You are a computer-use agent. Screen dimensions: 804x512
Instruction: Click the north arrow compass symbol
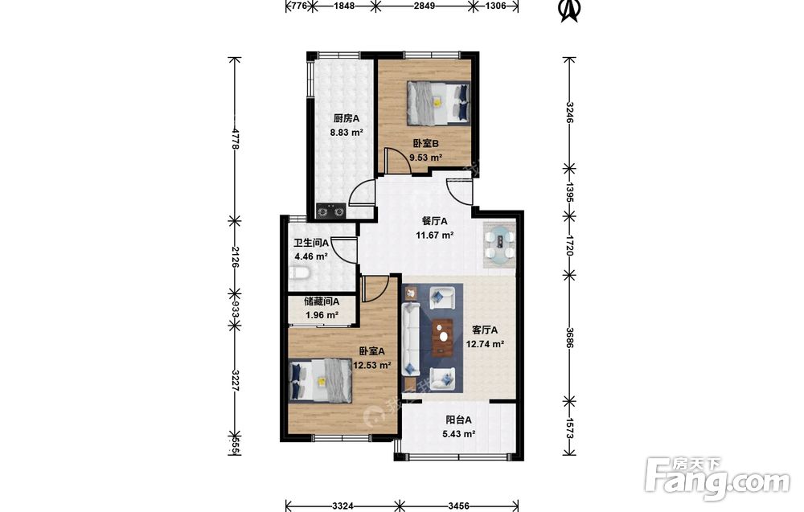[x=568, y=10]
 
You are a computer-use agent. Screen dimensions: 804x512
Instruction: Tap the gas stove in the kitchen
[x=330, y=211]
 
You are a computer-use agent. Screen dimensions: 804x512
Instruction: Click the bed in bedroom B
[x=439, y=103]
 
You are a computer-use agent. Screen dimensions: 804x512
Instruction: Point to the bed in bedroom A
[x=321, y=379]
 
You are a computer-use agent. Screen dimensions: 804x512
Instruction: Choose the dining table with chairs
[x=499, y=245]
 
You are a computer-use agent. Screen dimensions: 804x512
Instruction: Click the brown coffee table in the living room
[x=442, y=337]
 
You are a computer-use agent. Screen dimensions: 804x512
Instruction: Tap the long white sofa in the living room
[x=411, y=339]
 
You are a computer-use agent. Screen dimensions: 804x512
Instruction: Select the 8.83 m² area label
[x=347, y=133]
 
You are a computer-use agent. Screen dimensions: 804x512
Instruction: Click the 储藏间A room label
[x=322, y=302]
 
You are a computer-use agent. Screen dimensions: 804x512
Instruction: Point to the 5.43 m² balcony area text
[x=458, y=434]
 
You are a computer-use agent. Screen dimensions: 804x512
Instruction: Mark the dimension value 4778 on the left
[x=236, y=138]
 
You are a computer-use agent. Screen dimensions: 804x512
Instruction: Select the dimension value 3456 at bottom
[x=459, y=506]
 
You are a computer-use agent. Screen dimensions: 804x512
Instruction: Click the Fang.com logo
[x=718, y=478]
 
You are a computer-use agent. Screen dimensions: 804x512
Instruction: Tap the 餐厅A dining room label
[x=434, y=221]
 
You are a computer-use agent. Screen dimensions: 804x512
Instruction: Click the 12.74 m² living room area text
[x=485, y=344]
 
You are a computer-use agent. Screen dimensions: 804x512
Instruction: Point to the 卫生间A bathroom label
[x=311, y=243]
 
